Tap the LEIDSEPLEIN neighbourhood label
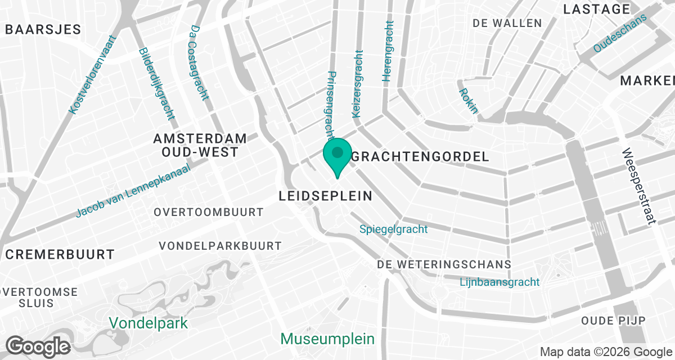pyautogui.click(x=326, y=196)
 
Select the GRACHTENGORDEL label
pyautogui.click(x=420, y=157)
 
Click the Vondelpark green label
pyautogui.click(x=148, y=323)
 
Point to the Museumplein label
pyautogui.click(x=327, y=339)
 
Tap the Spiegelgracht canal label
pyautogui.click(x=394, y=229)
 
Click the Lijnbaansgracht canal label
pyautogui.click(x=499, y=282)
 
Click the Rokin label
pyautogui.click(x=468, y=101)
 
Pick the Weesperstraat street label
pyautogui.click(x=640, y=186)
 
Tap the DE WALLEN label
pyautogui.click(x=507, y=23)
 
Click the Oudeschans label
pyautogui.click(x=620, y=34)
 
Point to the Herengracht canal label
pyautogui.click(x=388, y=51)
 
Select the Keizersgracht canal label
pyautogui.click(x=357, y=84)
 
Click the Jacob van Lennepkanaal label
pyautogui.click(x=133, y=191)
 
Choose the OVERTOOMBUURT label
pyautogui.click(x=209, y=212)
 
